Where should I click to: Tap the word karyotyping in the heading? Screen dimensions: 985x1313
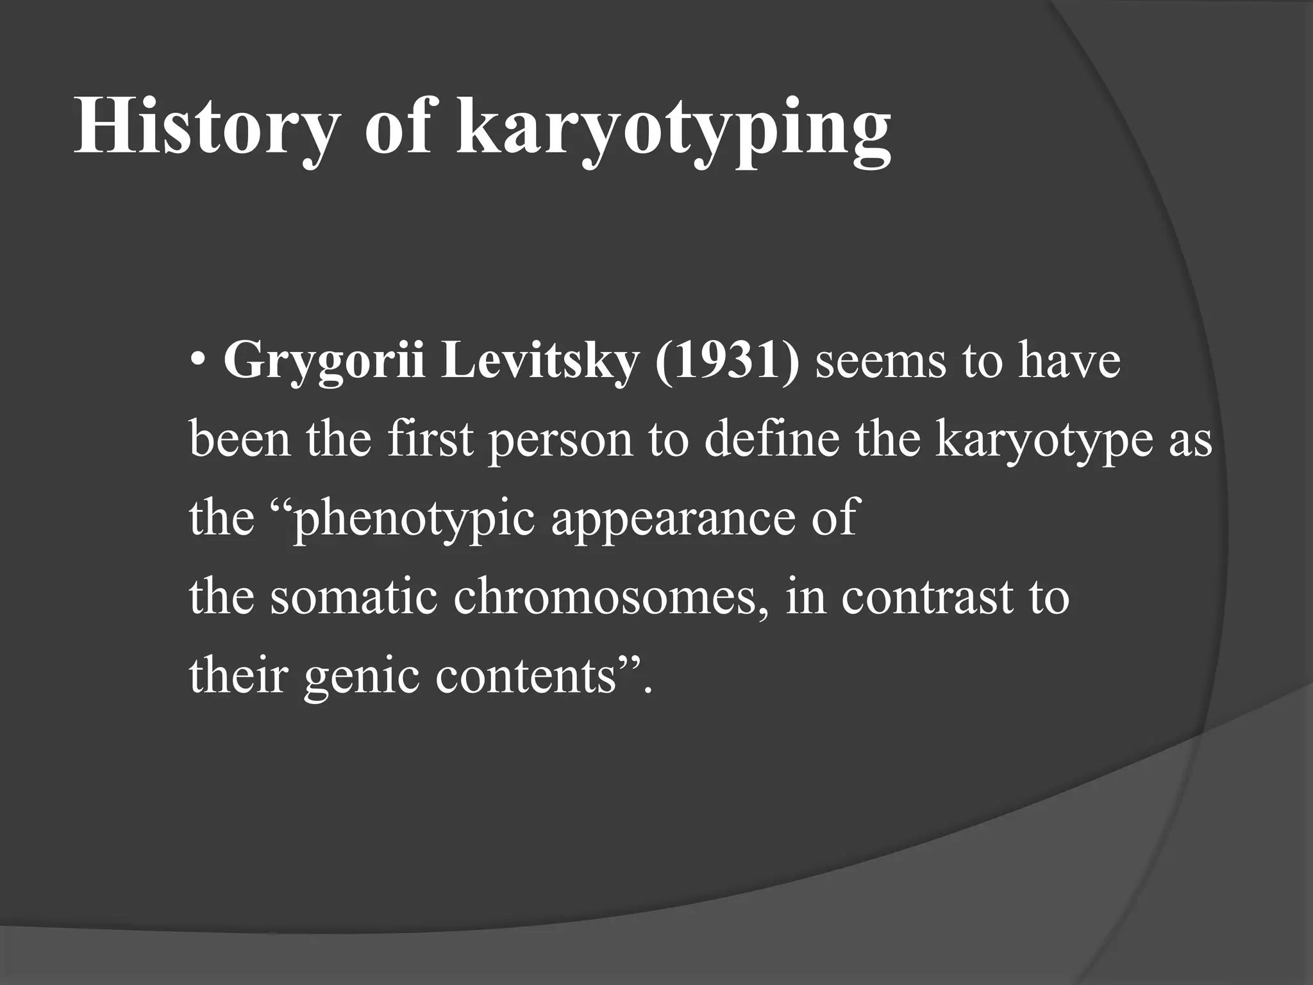(x=673, y=128)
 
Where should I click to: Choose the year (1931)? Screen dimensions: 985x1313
(x=727, y=361)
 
